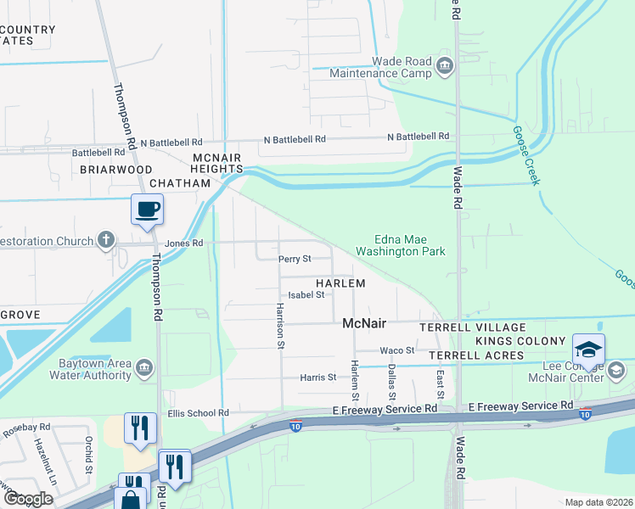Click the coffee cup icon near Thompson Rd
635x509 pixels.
147,209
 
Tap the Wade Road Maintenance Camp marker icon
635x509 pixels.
443,66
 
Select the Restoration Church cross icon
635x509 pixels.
104,240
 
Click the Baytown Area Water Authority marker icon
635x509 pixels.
143,367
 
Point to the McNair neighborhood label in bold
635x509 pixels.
365,323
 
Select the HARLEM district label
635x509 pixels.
340,283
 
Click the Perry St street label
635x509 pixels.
295,258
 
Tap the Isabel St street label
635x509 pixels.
307,295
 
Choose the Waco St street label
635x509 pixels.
396,350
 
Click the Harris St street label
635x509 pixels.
318,377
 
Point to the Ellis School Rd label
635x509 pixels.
199,413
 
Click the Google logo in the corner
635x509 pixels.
27,499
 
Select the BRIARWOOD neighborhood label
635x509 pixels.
115,169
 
